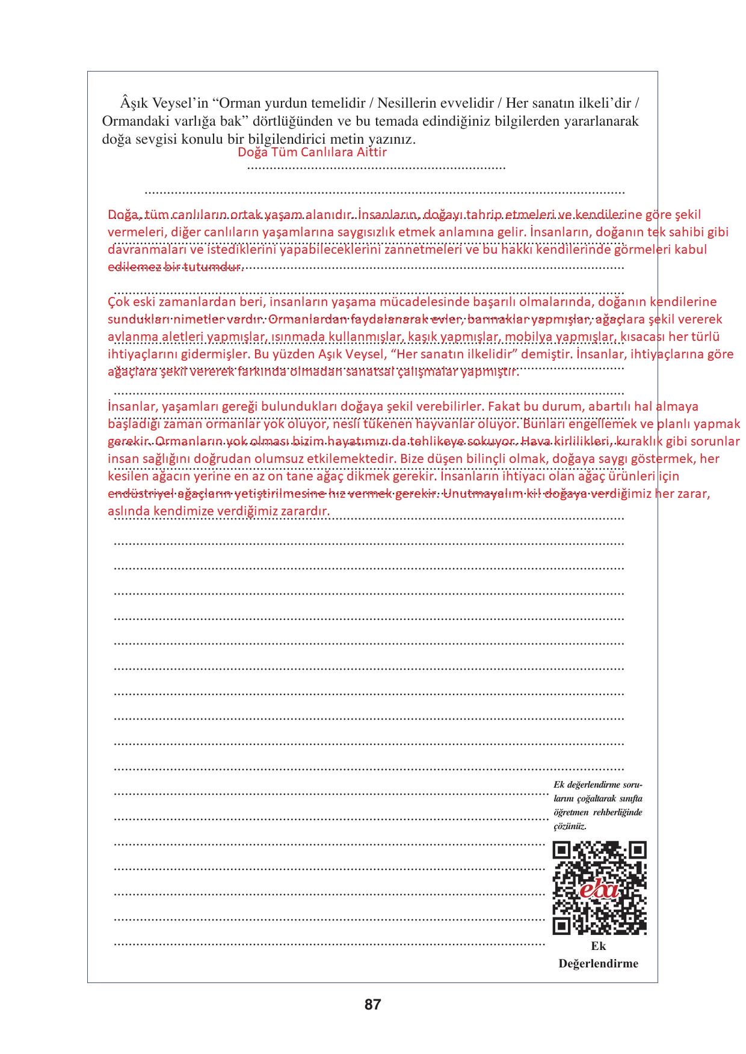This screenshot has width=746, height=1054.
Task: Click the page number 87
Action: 372,1004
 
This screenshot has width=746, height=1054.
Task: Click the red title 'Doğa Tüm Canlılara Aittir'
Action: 312,152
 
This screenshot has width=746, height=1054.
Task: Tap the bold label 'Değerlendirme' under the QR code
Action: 598,963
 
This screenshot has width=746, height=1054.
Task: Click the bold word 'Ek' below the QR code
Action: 598,946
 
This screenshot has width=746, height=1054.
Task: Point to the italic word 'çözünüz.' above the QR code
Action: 570,826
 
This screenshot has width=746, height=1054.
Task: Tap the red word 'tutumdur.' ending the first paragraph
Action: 214,267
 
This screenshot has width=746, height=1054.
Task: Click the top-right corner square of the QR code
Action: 637,850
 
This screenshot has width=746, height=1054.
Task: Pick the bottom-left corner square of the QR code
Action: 561,926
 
